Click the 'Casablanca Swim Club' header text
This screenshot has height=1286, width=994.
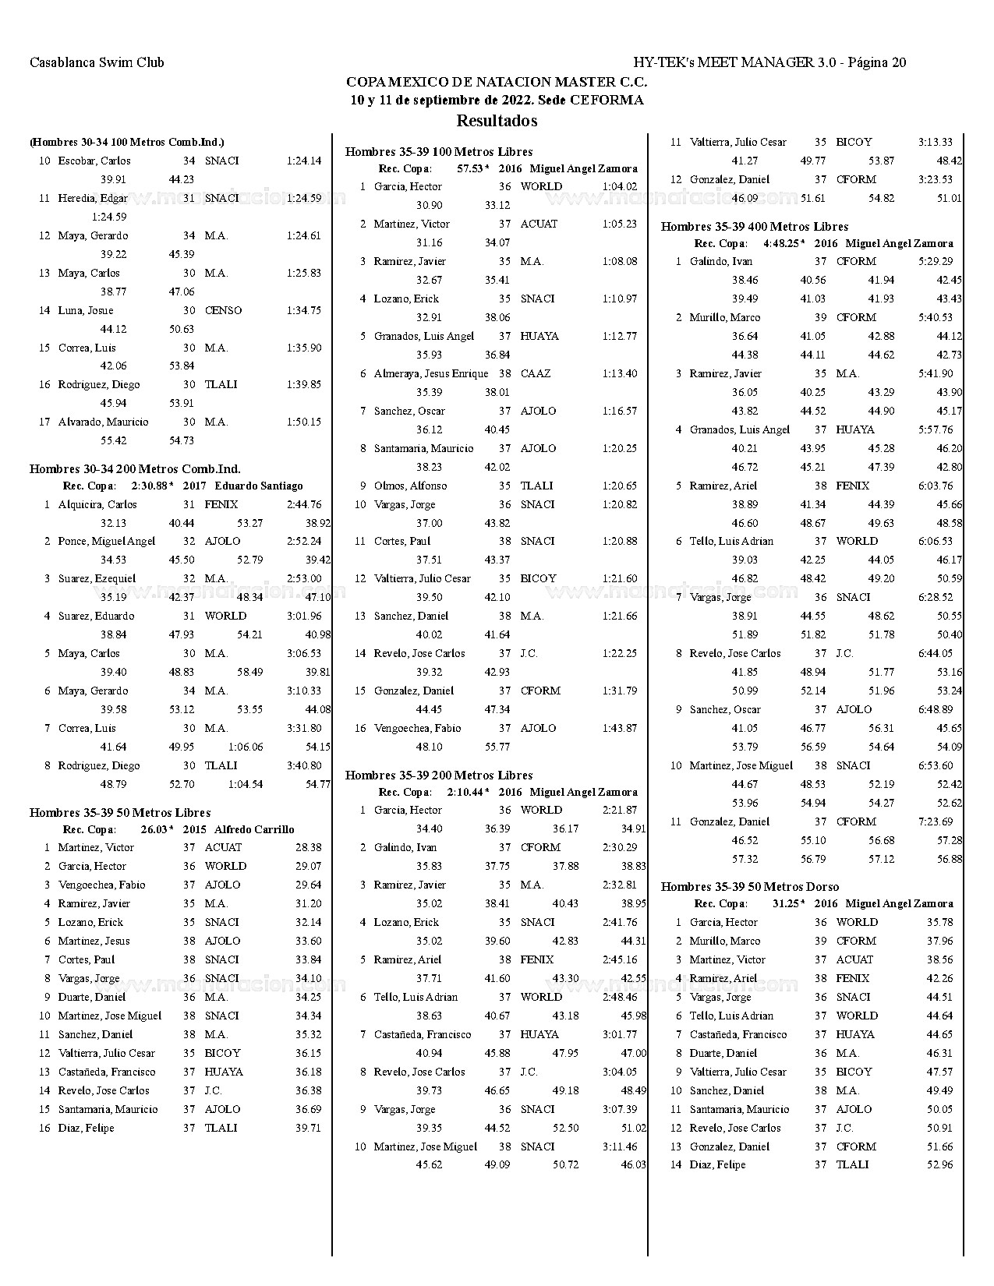pos(97,62)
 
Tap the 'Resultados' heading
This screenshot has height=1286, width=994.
pos(497,121)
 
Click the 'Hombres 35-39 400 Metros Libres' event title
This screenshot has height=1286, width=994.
pos(754,227)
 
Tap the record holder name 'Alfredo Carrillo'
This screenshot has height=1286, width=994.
pos(254,829)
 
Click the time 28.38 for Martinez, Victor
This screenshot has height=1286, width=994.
pos(308,847)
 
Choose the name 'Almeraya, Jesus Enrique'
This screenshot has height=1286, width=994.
pos(430,373)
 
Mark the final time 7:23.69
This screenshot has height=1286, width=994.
pos(936,821)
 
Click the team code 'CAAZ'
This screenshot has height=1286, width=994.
pos(536,373)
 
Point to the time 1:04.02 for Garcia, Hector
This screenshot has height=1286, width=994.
pos(619,186)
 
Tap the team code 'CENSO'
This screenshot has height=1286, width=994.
pos(223,310)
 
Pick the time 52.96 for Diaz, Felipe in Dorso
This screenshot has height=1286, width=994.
pos(939,1164)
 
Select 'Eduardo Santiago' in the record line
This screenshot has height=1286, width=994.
pos(258,486)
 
